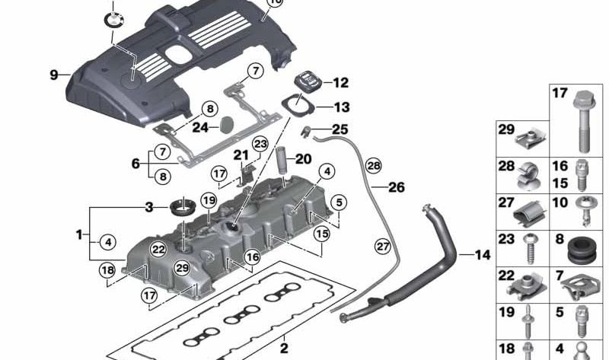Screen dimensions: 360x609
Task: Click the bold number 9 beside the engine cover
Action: coord(54,75)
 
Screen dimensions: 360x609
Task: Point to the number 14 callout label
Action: coord(483,255)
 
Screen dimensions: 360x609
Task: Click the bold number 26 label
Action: coord(397,186)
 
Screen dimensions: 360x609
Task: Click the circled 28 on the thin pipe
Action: coord(372,164)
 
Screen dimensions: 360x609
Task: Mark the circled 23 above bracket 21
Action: coord(261,144)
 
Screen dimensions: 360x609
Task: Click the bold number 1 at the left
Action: coord(78,235)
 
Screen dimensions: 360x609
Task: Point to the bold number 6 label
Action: coord(136,163)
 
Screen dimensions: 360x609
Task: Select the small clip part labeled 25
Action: coord(306,132)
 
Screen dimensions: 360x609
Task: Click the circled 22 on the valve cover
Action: coord(158,248)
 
